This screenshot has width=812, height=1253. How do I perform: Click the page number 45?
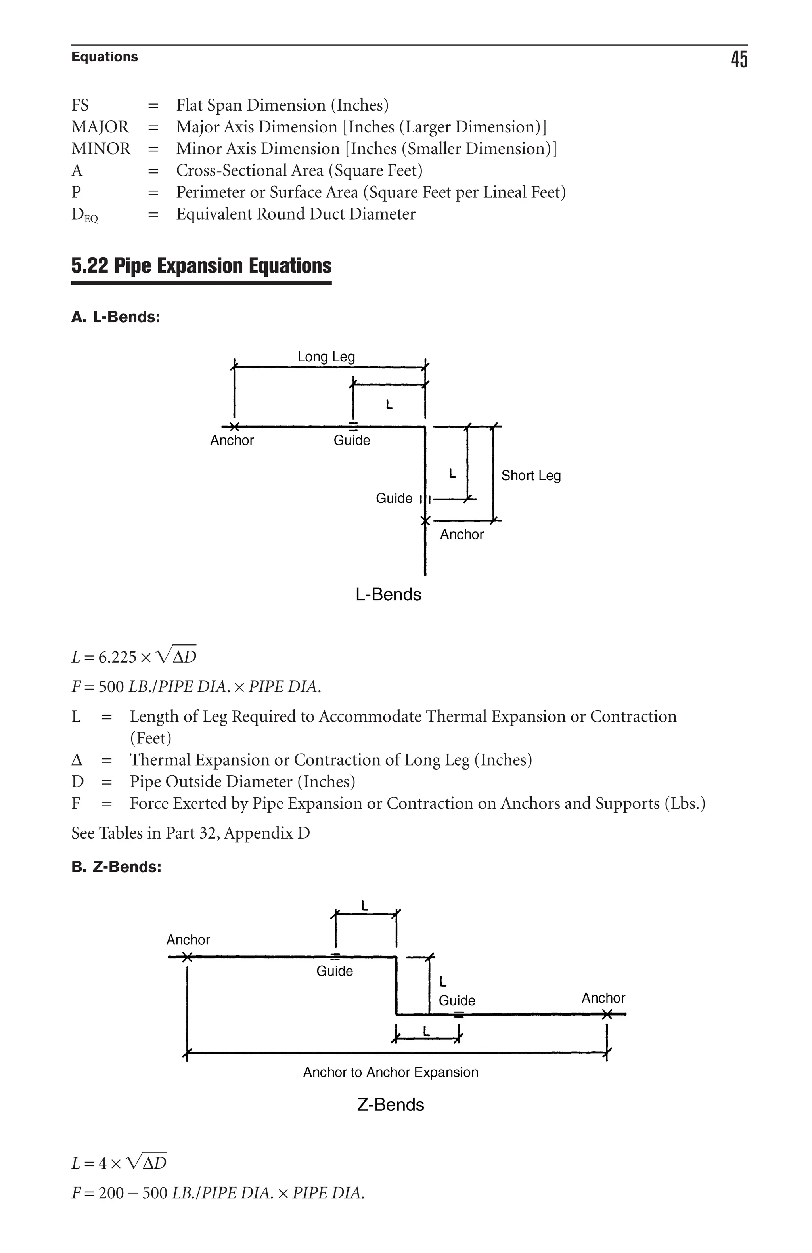(x=738, y=59)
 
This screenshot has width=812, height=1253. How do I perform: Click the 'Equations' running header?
(x=104, y=57)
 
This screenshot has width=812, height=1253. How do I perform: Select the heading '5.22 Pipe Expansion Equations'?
(x=201, y=266)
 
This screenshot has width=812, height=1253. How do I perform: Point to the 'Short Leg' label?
(x=530, y=476)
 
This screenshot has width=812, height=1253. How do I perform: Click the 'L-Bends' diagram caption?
(x=388, y=594)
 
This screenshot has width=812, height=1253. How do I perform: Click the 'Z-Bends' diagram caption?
(x=390, y=1104)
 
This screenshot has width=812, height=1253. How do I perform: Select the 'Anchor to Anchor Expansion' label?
(x=390, y=1072)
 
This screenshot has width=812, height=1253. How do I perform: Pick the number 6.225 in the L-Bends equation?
(x=117, y=657)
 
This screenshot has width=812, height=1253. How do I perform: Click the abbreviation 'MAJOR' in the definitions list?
(x=100, y=127)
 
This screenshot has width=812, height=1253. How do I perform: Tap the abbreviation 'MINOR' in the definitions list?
(x=101, y=149)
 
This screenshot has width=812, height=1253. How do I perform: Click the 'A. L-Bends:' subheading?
(x=116, y=317)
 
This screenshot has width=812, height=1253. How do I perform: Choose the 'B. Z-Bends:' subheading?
(x=117, y=866)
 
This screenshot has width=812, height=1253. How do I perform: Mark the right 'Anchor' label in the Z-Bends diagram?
(x=603, y=998)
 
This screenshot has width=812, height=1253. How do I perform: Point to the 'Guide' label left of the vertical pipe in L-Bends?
(x=394, y=498)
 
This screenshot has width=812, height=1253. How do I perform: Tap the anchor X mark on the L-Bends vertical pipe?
(x=425, y=521)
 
